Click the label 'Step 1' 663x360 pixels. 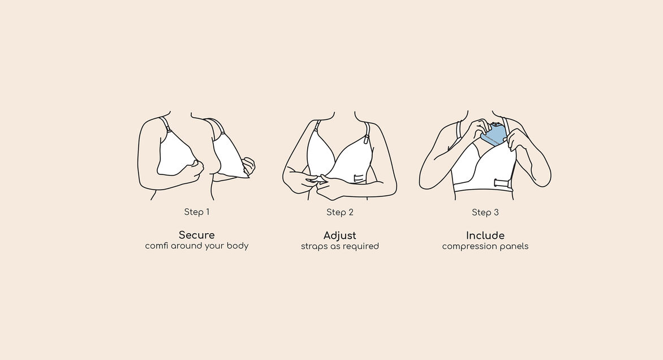click(197, 212)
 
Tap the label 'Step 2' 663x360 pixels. click(339, 212)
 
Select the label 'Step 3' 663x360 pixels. click(485, 212)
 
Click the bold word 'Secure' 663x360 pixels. click(197, 235)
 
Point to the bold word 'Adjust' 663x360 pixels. click(339, 235)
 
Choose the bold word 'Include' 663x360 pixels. click(485, 235)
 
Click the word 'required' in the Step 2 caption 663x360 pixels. click(363, 247)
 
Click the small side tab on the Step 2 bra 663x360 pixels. click(359, 178)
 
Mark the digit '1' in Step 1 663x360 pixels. click(207, 212)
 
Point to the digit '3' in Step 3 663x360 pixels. click(496, 212)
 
